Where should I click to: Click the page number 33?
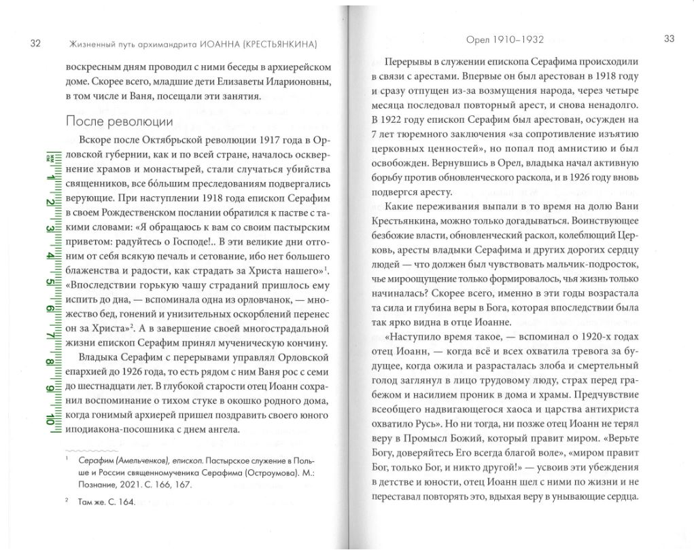(668, 39)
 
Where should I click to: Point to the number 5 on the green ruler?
(50, 282)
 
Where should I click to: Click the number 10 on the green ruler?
(50, 417)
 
